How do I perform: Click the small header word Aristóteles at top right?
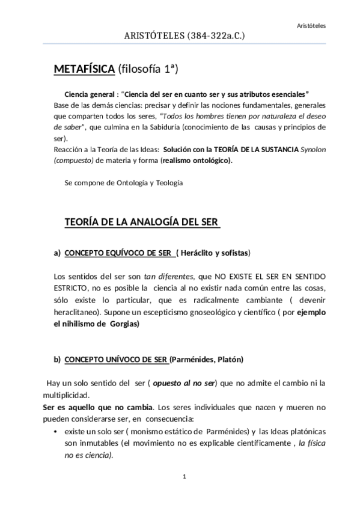[x=328, y=26]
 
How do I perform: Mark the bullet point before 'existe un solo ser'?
[x=56, y=432]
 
